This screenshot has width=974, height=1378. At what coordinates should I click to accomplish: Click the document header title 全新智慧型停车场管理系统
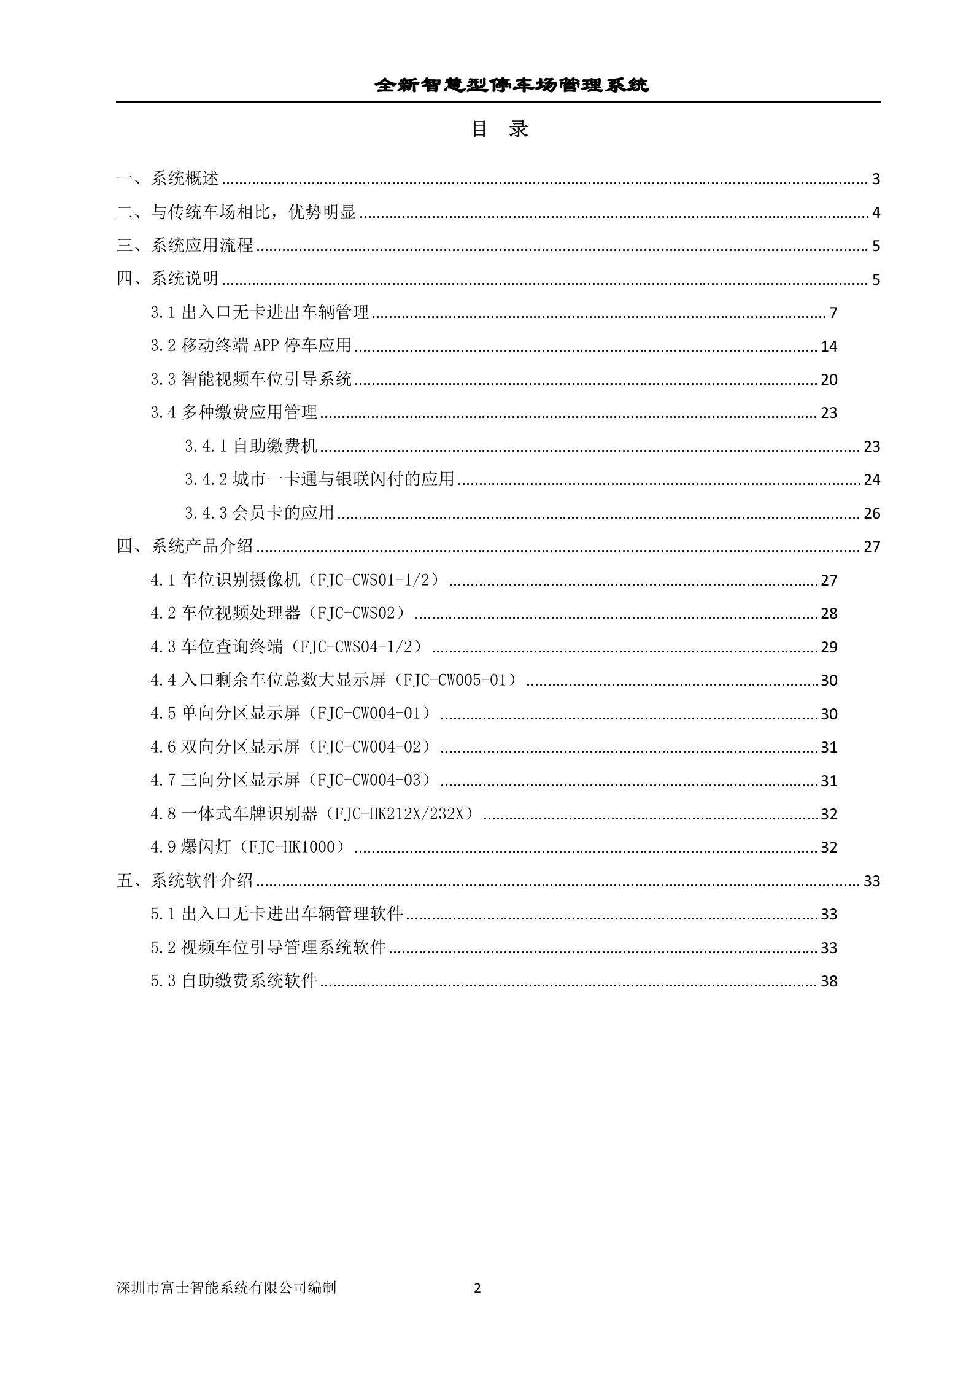[512, 85]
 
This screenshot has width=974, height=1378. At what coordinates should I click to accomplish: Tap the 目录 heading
[499, 129]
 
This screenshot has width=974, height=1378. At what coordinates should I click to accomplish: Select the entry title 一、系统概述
[168, 179]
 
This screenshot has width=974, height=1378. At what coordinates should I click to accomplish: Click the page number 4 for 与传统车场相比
[876, 212]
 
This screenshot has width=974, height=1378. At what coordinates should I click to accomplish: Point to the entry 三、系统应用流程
[185, 246]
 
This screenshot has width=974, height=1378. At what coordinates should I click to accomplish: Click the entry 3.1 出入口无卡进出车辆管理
[260, 312]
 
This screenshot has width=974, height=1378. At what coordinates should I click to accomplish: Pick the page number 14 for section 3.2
[829, 346]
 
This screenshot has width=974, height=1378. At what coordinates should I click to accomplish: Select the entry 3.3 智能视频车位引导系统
[251, 379]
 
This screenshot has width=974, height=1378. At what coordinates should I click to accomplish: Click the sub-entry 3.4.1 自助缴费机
[251, 446]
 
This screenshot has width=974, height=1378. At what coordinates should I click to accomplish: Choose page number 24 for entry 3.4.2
[872, 479]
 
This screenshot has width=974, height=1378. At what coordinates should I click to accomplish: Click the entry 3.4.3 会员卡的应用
[260, 513]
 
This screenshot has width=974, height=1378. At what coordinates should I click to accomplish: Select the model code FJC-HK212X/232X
[401, 813]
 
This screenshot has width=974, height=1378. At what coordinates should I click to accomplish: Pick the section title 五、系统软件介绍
[185, 881]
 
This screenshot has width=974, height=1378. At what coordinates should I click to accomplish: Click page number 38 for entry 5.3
[829, 981]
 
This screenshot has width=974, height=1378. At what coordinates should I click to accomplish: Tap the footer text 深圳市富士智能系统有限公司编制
[226, 1288]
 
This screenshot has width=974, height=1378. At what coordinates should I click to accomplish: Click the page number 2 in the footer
[477, 1288]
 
